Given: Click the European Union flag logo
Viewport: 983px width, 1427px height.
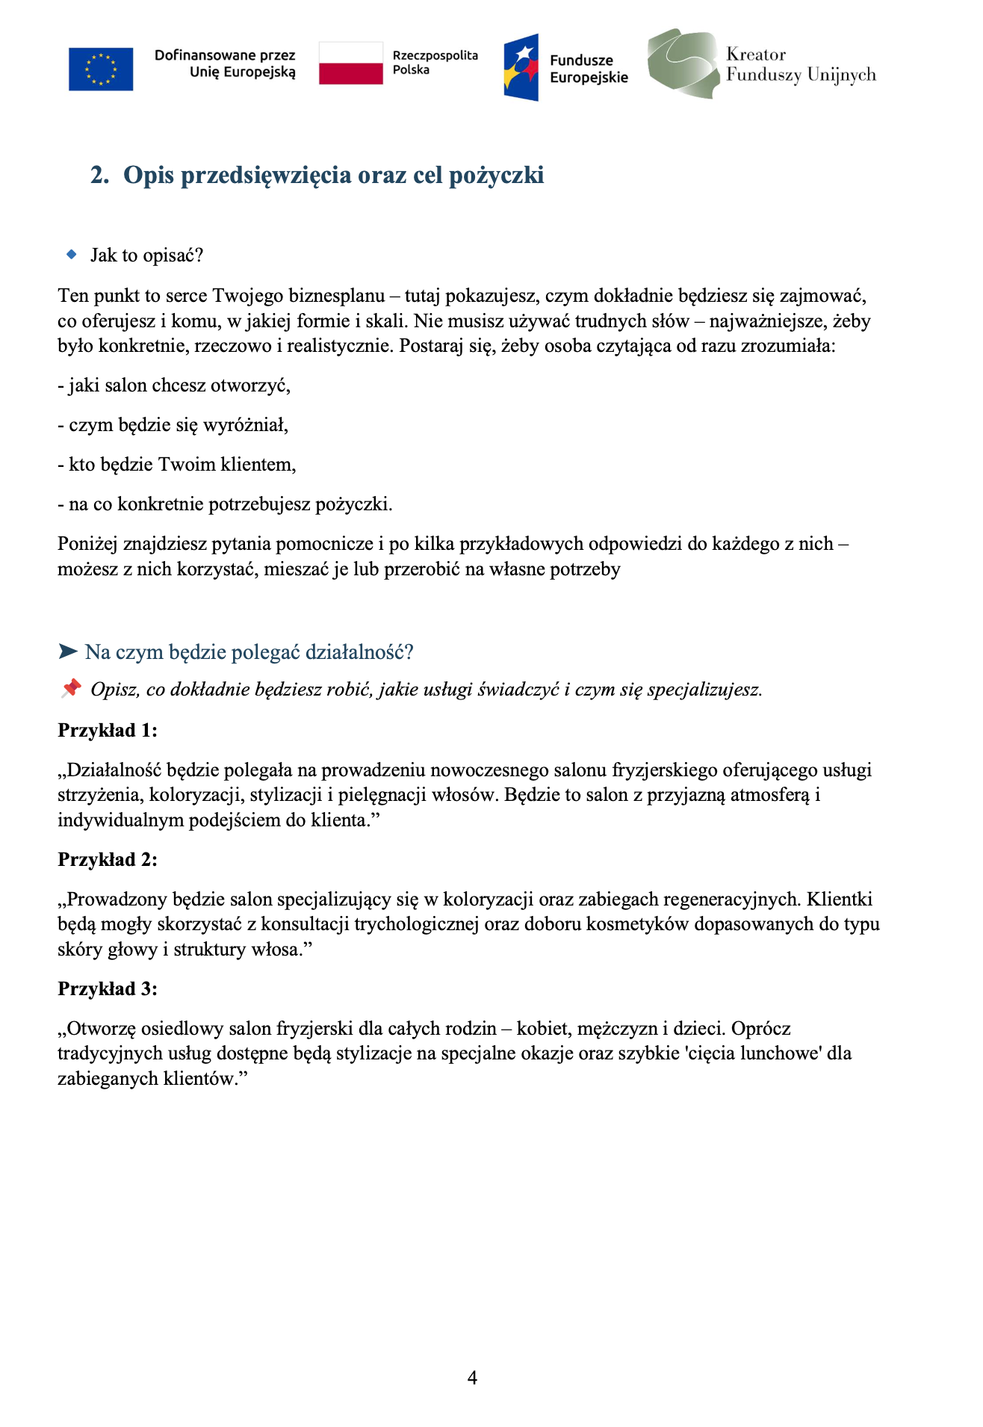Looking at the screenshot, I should point(101,69).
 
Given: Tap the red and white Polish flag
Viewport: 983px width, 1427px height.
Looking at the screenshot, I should point(350,64).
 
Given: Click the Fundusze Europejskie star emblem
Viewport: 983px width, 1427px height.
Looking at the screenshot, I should point(521,67).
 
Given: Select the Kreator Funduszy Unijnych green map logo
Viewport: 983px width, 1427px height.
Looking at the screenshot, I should point(683,64).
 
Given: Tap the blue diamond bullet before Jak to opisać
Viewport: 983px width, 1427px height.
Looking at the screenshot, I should point(72,255).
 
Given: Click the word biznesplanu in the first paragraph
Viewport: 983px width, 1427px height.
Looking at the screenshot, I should point(336,295).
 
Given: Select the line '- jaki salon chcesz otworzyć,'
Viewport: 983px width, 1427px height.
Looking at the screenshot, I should point(174,386).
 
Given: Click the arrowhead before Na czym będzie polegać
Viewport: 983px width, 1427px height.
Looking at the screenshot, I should point(68,652).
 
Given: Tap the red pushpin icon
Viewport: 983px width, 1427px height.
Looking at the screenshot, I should point(71,688).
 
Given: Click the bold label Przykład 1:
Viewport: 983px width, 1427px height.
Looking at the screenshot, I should point(108,730).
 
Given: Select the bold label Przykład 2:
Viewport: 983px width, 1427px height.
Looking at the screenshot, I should point(108,859).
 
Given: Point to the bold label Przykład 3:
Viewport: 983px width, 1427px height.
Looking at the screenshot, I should point(108,988).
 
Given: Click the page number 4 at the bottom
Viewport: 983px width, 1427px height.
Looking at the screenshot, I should point(472,1378).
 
